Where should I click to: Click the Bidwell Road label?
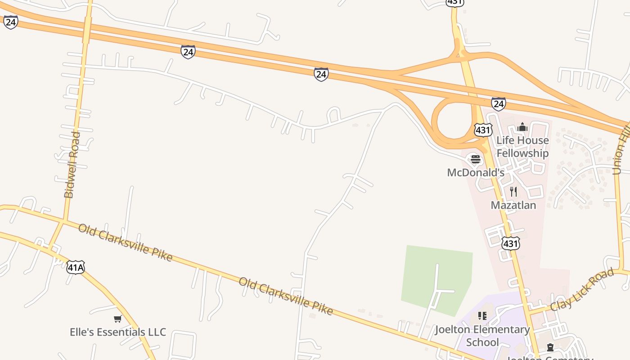tap(72, 165)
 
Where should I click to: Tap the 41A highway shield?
tap(75, 267)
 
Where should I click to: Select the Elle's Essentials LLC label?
tap(118, 332)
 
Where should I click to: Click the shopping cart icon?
tap(118, 319)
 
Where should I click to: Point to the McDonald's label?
tap(476, 172)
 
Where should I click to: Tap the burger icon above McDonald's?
tap(476, 159)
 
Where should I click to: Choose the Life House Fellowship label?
tap(522, 147)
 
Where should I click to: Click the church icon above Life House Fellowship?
tap(522, 127)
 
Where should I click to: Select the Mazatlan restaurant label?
tap(513, 205)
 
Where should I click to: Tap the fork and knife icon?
tap(513, 192)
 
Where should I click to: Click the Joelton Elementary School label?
tap(482, 336)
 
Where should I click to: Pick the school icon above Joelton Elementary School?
tap(482, 316)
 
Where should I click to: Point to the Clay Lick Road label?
tap(582, 289)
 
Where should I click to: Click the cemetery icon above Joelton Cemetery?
tap(550, 347)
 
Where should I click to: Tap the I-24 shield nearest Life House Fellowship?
tap(498, 104)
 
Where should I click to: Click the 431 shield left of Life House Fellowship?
tap(483, 130)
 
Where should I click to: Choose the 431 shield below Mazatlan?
tap(511, 243)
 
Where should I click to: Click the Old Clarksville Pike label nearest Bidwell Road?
tap(125, 242)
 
